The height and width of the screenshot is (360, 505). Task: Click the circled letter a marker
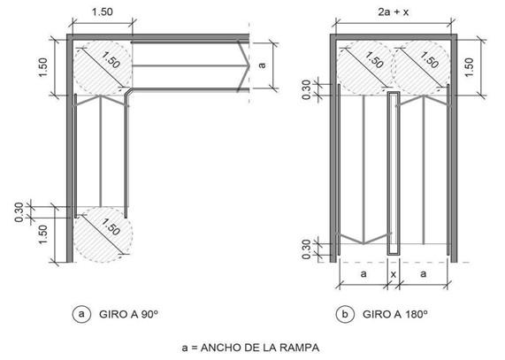point(81,314)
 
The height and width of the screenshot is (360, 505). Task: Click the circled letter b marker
point(345,314)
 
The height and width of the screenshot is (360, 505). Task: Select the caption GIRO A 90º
point(129,314)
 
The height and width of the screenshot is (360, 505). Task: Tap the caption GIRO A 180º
point(394,314)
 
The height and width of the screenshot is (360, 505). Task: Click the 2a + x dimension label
point(394,12)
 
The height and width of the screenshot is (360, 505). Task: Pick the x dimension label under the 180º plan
point(393,274)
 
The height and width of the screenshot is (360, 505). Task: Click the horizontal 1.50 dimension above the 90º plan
point(103,12)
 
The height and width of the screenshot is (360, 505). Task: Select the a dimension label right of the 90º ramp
point(263,65)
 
